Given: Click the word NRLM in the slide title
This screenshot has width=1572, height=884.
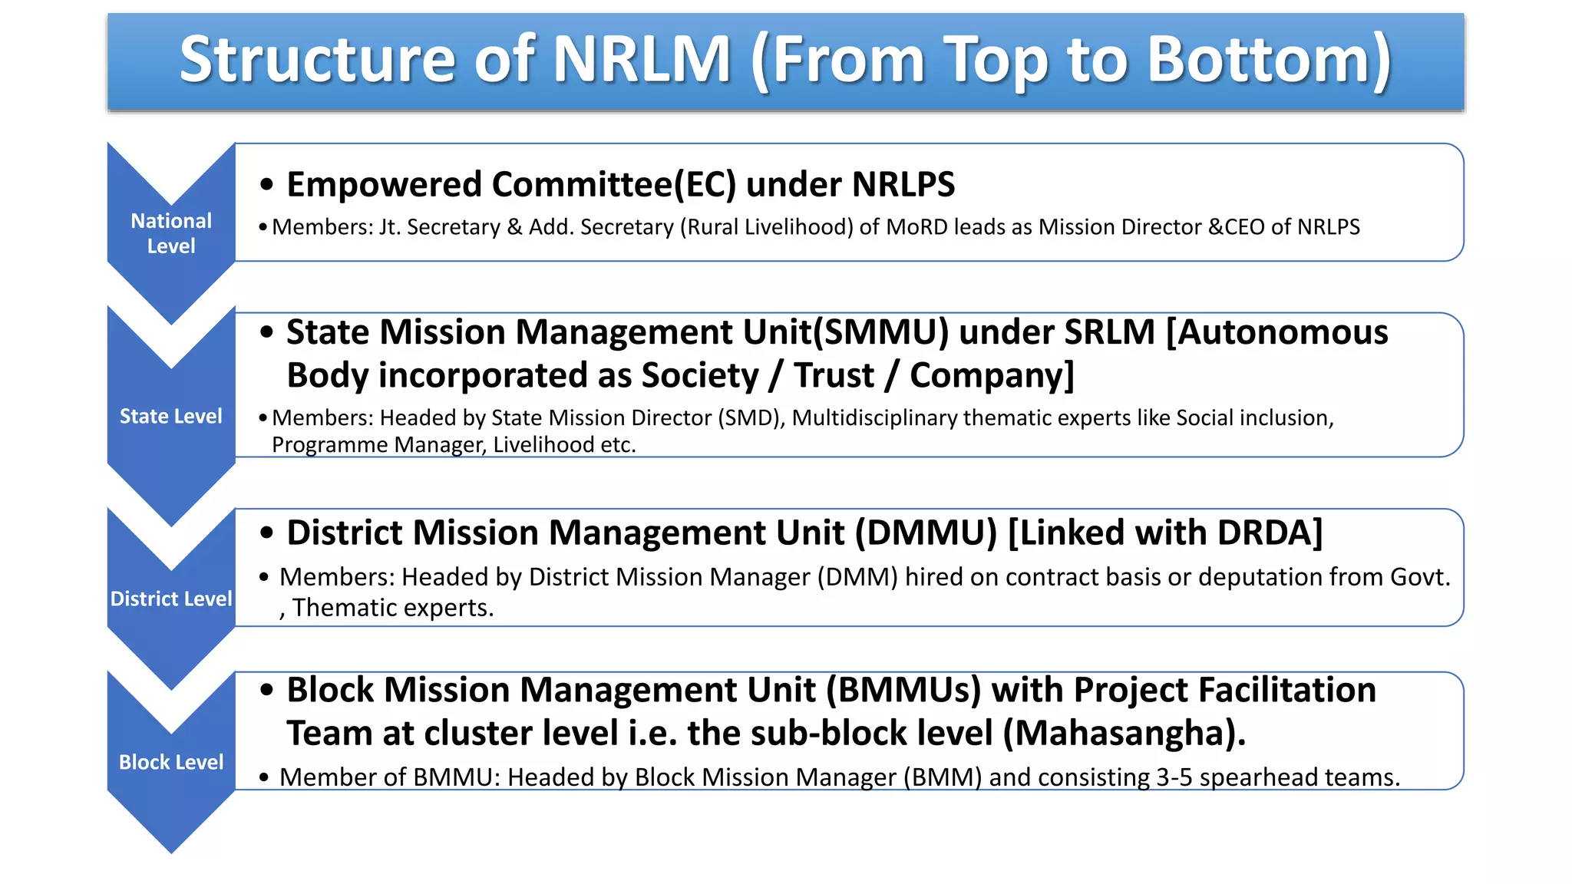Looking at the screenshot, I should coord(642,60).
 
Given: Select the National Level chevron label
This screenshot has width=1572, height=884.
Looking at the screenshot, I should coord(171,233).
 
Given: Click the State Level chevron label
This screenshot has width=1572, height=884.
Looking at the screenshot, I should coord(171,416).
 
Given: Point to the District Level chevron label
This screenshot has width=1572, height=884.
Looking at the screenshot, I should coord(171,599).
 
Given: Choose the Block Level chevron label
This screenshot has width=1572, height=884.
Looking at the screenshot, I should coord(171,762).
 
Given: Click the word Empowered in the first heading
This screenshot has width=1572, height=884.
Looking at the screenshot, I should coord(384,185).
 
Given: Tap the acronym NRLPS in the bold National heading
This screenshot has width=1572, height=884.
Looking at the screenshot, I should coord(903,185).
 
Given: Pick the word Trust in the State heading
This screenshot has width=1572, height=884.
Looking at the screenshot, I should coord(834,375).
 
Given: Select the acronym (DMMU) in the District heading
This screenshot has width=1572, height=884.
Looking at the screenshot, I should coord(926,533).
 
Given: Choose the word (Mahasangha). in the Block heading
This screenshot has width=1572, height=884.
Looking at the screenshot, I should coord(1125,733).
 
